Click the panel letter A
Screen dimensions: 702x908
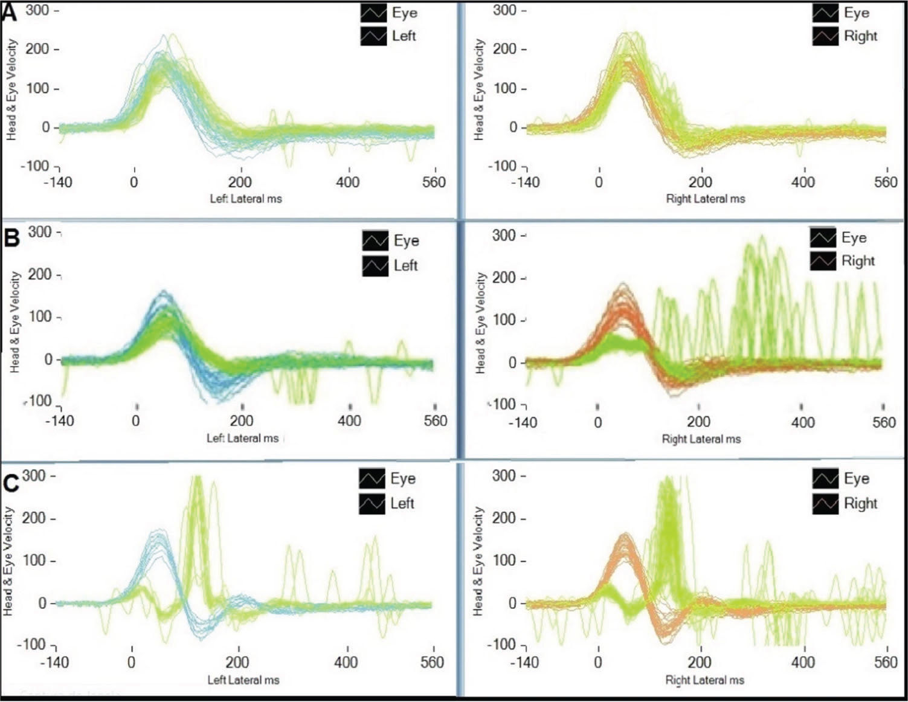point(11,13)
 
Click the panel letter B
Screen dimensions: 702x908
point(11,238)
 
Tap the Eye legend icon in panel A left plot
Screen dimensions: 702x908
point(373,13)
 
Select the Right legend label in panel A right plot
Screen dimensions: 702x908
point(860,36)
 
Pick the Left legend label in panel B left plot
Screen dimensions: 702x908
point(405,266)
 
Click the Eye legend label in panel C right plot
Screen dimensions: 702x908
point(856,479)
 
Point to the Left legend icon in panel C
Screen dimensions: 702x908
point(372,503)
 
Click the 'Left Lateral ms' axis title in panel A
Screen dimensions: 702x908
point(245,199)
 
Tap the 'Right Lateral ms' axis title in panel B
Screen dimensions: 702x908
point(701,439)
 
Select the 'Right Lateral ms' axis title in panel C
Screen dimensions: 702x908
point(704,680)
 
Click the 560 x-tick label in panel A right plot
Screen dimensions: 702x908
point(886,182)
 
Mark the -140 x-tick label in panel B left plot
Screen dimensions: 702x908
point(59,421)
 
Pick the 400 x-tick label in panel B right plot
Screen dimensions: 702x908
point(802,422)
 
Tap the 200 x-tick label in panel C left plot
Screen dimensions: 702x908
point(237,662)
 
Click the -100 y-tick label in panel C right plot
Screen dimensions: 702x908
point(502,644)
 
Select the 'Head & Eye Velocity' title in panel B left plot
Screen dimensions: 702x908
point(14,321)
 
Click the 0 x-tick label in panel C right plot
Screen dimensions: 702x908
point(597,662)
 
